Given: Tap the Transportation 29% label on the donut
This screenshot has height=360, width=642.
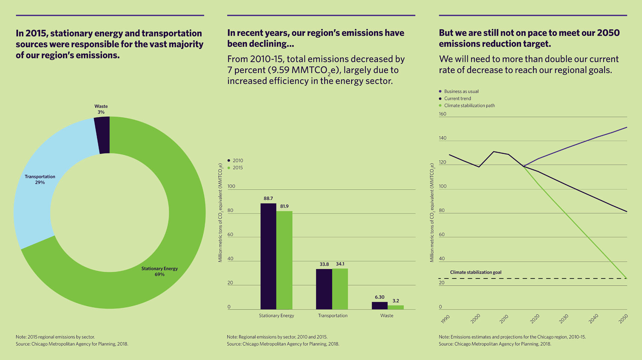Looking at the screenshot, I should [40, 179].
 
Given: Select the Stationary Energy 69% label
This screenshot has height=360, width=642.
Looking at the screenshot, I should [159, 271].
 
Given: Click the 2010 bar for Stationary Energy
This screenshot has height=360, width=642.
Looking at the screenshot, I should [268, 256].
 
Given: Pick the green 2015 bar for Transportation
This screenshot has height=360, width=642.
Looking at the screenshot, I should [340, 289].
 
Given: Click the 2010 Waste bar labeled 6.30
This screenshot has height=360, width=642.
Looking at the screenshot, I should [380, 306].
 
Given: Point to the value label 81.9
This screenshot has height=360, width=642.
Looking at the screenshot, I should [284, 206].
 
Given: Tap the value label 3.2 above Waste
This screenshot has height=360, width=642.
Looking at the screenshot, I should [396, 301].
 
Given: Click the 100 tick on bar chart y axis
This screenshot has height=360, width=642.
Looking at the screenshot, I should [231, 186].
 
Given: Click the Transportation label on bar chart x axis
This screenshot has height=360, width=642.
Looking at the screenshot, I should [333, 316].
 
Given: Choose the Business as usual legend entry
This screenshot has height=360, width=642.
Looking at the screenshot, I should [461, 91].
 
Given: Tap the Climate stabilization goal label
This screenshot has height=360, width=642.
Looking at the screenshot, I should [476, 272].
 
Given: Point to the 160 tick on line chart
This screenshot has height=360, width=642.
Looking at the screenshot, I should [443, 114].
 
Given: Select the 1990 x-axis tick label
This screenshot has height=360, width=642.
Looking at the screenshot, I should [445, 319].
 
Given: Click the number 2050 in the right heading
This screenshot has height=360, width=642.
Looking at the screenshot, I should [608, 33].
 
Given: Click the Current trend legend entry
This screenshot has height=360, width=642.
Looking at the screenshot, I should [457, 99].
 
